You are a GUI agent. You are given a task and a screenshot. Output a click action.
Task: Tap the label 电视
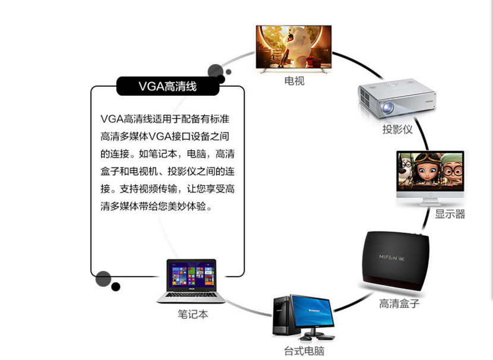click(294, 81)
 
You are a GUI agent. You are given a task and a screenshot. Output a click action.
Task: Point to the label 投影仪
click(397, 129)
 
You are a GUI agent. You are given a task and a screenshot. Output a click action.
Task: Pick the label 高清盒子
click(399, 304)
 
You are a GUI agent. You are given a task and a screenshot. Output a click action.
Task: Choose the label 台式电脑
click(304, 350)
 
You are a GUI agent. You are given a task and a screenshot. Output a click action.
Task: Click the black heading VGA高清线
click(168, 87)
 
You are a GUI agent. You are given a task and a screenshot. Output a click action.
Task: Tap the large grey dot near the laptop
click(103, 279)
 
